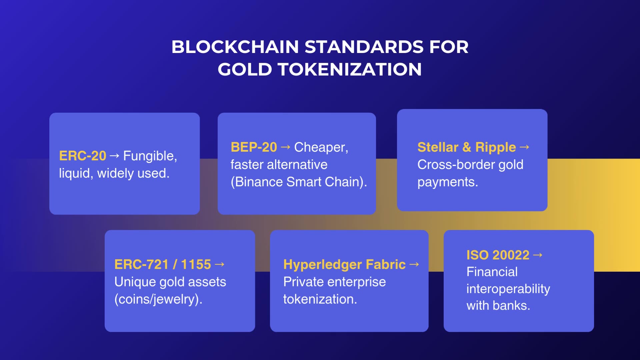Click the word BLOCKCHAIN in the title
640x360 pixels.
(235, 47)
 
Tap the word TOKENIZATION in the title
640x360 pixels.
(350, 69)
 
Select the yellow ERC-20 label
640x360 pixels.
(82, 156)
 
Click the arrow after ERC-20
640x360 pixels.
(114, 156)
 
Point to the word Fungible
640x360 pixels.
(150, 156)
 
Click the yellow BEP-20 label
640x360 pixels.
(254, 147)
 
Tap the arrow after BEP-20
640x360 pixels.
(285, 147)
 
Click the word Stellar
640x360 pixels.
(438, 147)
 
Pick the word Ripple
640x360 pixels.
(495, 147)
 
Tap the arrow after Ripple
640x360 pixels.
(524, 147)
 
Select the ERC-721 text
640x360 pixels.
(141, 265)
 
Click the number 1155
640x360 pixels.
(196, 265)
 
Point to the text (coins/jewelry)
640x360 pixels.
(158, 299)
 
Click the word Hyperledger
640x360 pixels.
(322, 265)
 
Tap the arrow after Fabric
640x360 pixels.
(414, 264)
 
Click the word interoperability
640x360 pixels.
(508, 289)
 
